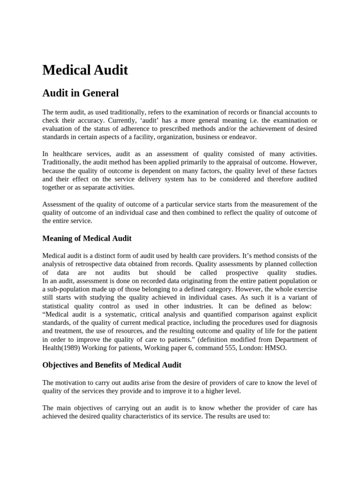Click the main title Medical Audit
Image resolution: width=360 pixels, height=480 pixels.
(x=85, y=70)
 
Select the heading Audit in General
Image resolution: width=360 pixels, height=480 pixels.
(x=80, y=93)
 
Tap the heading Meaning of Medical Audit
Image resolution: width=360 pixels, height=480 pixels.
(x=87, y=239)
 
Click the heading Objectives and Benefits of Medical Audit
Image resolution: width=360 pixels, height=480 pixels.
(x=112, y=365)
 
